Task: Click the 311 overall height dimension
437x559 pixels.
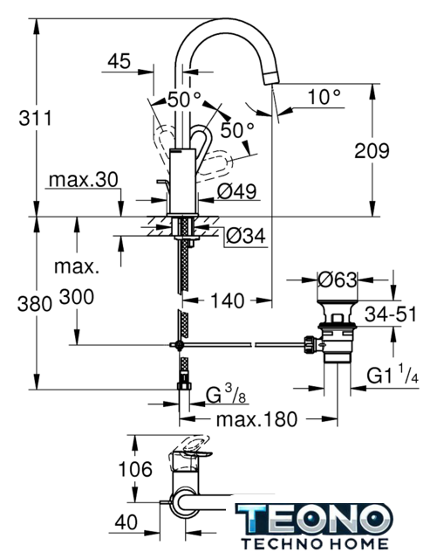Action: [x=35, y=118]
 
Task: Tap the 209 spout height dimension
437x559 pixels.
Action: [x=372, y=151]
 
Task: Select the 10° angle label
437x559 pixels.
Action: [x=324, y=97]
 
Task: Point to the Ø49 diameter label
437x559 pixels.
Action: [x=237, y=192]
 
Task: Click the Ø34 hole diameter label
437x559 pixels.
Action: [x=246, y=236]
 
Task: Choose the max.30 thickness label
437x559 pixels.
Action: [x=84, y=180]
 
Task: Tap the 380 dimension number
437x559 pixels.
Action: [x=35, y=305]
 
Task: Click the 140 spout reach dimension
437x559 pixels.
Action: [x=228, y=300]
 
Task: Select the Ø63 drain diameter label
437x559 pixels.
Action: [x=337, y=279]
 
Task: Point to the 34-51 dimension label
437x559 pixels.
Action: [x=391, y=314]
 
